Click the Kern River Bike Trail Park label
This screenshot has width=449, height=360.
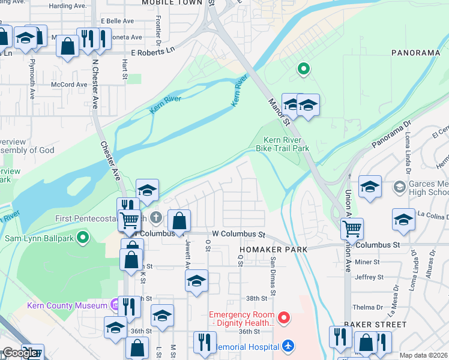coord(282,144)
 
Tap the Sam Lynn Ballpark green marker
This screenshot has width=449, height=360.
coord(83,239)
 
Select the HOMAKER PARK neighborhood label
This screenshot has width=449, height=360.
coord(273,249)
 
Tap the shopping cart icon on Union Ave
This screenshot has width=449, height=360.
coord(352,228)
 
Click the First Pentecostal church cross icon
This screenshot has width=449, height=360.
coord(156,217)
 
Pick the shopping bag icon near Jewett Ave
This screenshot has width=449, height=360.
coord(179,221)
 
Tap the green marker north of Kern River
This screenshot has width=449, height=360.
coord(304,69)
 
